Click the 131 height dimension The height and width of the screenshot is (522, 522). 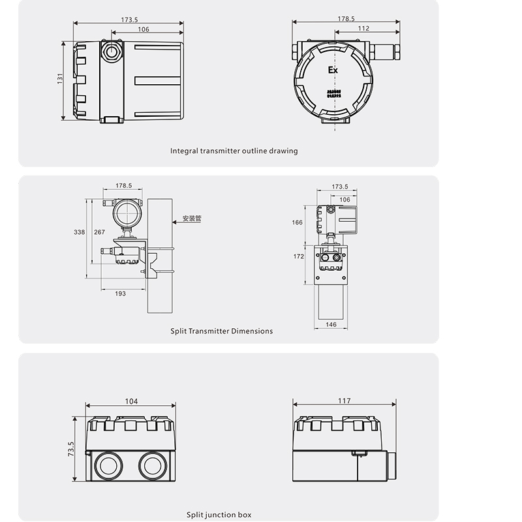coord(59,78)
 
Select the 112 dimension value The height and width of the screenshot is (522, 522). coord(364,29)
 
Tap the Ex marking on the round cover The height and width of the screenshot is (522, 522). coord(333,70)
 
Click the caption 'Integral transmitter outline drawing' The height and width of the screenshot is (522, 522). coord(234,151)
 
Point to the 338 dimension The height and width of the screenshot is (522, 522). coord(79,232)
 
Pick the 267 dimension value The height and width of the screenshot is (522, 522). coord(99,232)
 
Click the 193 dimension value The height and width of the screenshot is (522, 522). coord(121,294)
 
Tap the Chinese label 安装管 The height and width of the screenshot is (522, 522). coord(192,219)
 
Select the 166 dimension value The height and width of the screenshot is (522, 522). coord(298,223)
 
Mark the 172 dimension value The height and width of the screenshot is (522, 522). coord(299,256)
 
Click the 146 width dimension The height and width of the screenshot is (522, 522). coord(331,324)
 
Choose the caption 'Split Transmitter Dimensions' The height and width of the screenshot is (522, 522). coord(222,331)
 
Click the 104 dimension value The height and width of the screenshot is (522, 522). coord(131,401)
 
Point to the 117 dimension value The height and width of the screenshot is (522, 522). coord(345,401)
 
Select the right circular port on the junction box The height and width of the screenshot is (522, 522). coord(151,466)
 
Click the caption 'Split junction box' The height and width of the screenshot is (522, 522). coord(219,515)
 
